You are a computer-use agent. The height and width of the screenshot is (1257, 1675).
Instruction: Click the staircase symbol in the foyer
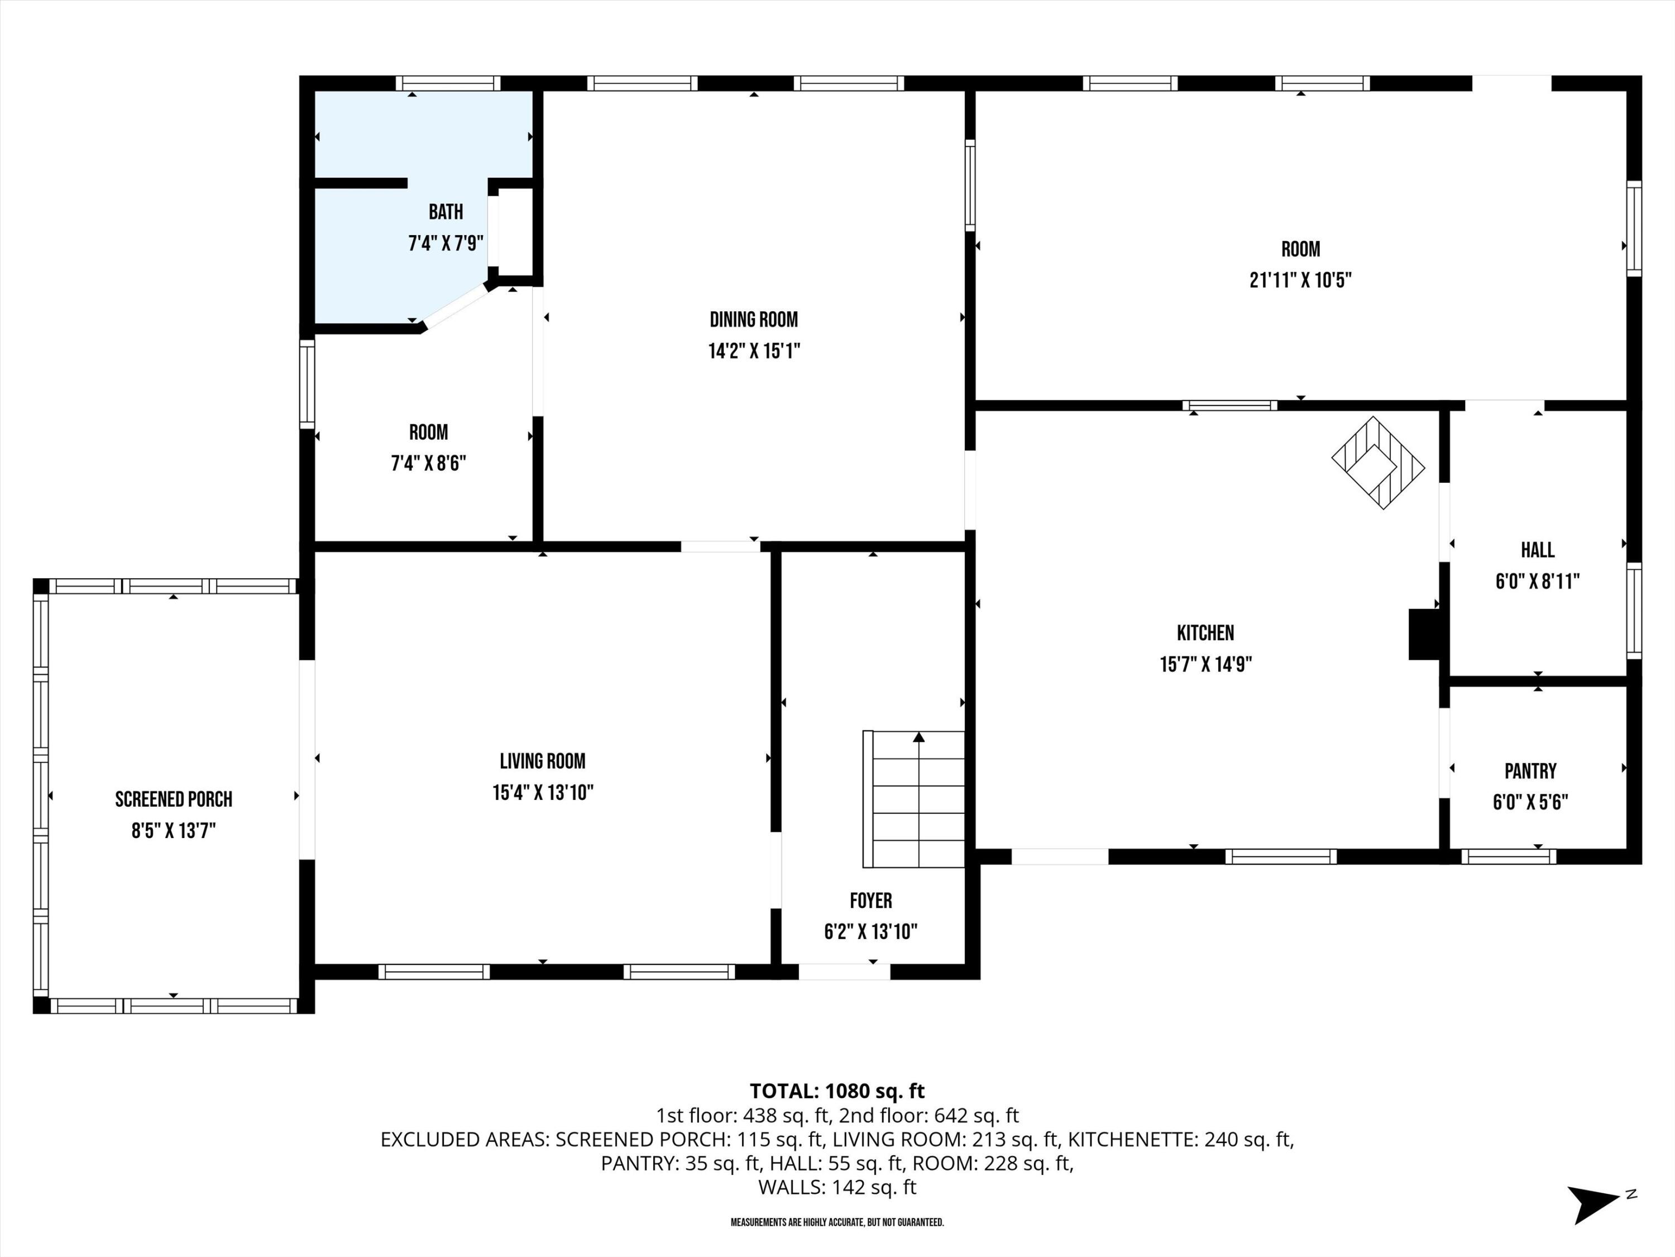pos(914,799)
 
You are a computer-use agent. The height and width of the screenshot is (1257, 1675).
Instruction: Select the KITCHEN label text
pos(1205,632)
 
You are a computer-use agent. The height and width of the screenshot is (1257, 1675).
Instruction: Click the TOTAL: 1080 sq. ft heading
pos(837,1091)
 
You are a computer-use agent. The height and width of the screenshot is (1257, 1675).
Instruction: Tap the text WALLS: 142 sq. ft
pos(837,1187)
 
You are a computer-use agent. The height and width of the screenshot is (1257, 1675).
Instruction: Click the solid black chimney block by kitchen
pos(1423,634)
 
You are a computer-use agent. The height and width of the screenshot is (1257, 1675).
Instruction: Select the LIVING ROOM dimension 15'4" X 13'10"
pos(542,793)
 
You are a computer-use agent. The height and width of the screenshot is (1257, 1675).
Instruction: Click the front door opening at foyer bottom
pos(844,972)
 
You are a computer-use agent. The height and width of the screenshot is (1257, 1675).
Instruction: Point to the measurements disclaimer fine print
pos(837,1222)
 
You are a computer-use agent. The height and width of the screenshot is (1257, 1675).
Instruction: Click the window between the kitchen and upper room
pos(1230,406)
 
